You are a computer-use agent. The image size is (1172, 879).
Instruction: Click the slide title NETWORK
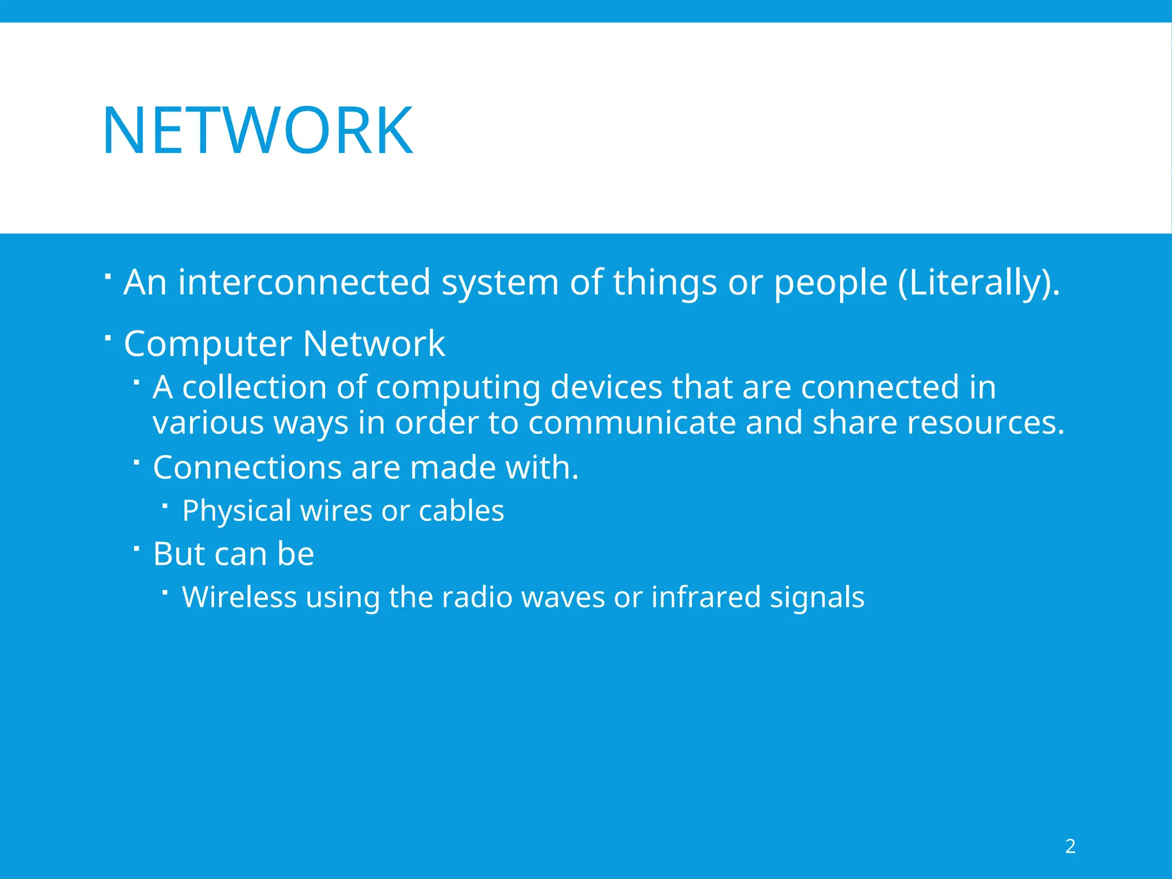pos(258,131)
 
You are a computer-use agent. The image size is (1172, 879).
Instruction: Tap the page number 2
pos(1070,846)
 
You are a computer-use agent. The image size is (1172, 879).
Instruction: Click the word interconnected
pos(304,282)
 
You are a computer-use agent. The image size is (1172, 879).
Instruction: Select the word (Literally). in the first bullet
pos(979,283)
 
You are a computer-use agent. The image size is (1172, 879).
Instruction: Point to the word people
pos(830,283)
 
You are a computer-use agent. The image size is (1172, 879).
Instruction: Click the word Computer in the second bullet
pos(208,345)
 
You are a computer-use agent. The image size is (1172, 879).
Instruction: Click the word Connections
pos(247,468)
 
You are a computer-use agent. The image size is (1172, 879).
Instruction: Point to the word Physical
pos(236,511)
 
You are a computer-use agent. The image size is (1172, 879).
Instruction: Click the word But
pos(179,554)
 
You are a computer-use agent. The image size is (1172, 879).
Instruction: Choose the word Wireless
pos(239,597)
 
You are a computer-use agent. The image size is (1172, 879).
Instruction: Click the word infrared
pos(705,597)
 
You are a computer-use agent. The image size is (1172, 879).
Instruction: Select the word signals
pos(817,597)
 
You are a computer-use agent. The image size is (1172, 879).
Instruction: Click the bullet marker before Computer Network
pos(108,338)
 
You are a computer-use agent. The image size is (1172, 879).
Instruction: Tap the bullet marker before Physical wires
pos(165,505)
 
